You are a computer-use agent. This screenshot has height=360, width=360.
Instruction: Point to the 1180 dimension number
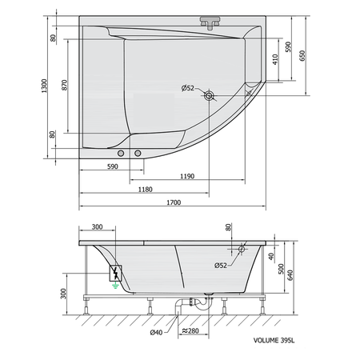coord(146,189)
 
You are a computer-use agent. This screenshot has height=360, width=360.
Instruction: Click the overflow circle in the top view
coord(210,96)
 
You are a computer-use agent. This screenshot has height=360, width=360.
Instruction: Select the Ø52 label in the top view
coord(190,87)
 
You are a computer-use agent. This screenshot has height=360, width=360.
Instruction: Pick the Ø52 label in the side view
coord(225,266)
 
